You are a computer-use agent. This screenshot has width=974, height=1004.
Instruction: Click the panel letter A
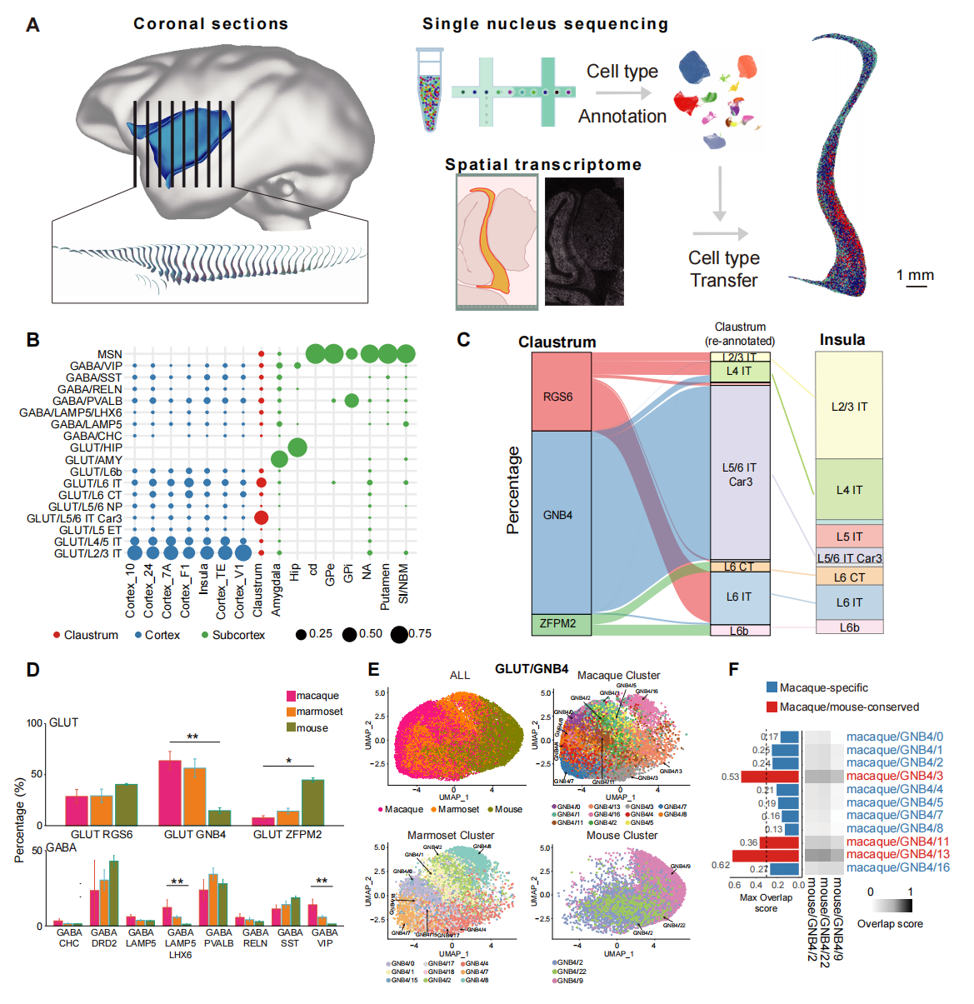pyautogui.click(x=32, y=25)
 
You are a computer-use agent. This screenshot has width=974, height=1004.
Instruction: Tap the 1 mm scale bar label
pyautogui.click(x=915, y=275)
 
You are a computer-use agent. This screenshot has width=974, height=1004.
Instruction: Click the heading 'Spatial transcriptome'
pyautogui.click(x=543, y=164)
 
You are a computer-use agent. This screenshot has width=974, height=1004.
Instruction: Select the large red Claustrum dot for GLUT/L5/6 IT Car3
pyautogui.click(x=261, y=518)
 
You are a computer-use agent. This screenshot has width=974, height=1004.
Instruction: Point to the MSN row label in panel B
pyautogui.click(x=109, y=354)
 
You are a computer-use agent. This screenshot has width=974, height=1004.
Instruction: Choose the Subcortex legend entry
pyautogui.click(x=238, y=635)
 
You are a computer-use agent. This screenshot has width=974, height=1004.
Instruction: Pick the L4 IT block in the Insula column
pyautogui.click(x=849, y=490)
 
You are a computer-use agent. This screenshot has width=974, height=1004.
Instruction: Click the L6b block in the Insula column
pyautogui.click(x=849, y=627)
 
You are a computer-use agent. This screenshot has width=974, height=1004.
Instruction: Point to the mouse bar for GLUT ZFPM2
pyautogui.click(x=312, y=802)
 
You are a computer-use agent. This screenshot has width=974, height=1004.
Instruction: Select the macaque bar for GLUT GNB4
pyautogui.click(x=170, y=792)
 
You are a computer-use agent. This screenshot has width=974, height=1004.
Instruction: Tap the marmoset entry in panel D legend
pyautogui.click(x=319, y=712)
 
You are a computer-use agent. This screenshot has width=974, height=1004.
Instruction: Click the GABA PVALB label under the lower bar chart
pyautogui.click(x=218, y=937)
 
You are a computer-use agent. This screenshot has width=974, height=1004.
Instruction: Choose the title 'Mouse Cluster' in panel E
pyautogui.click(x=622, y=835)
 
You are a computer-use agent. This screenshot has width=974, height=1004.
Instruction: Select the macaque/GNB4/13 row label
pyautogui.click(x=897, y=854)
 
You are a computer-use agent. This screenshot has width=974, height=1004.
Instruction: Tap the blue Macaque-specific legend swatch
pyautogui.click(x=772, y=687)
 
